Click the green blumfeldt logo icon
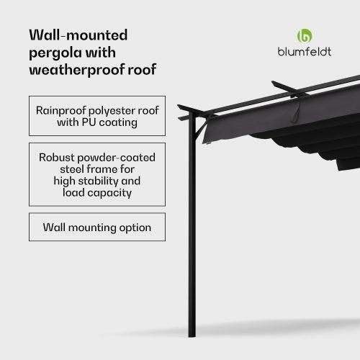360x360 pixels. (x=305, y=36)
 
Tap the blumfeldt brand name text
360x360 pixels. (x=305, y=52)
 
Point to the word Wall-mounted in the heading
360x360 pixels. (x=78, y=35)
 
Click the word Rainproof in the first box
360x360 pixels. (x=61, y=111)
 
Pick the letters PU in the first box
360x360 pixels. (x=89, y=122)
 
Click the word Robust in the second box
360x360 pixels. (x=57, y=158)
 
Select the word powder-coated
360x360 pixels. (x=116, y=158)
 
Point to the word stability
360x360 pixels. (x=99, y=181)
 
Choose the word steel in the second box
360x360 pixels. (x=72, y=169)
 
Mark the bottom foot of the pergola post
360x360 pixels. (x=192, y=336)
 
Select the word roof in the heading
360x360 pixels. (x=142, y=70)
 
